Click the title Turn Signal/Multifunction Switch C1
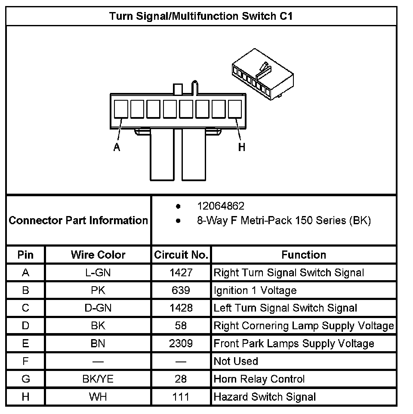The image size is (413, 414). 201,16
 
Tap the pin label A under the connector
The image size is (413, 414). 117,147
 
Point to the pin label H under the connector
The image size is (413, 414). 242,147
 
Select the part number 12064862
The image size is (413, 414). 221,206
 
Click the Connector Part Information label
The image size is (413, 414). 78,220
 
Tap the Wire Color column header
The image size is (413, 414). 98,255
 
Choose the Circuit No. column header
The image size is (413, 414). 181,255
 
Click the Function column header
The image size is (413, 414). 304,255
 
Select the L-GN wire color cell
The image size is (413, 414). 98,272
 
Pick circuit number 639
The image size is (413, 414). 181,290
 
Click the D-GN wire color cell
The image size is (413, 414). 98,308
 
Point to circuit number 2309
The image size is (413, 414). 181,343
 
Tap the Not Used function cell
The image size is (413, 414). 236,361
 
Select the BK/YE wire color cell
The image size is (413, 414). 98,379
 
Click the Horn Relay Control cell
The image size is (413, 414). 259,379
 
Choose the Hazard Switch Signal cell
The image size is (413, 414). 265,397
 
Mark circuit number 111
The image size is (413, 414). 181,397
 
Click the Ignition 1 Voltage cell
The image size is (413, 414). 255,290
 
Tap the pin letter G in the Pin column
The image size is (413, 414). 25,379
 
